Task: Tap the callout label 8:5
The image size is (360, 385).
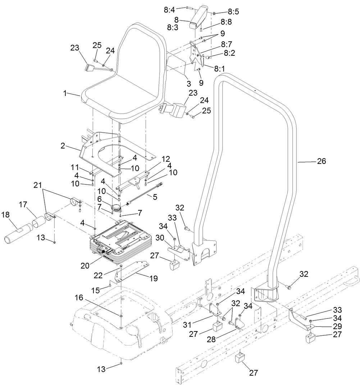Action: coord(233,12)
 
